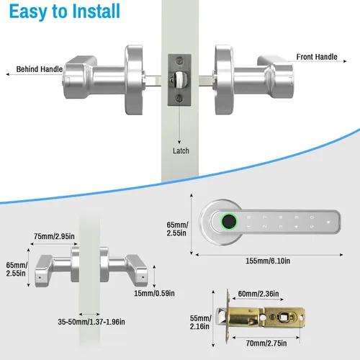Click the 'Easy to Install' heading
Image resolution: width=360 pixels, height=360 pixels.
coord(65,12)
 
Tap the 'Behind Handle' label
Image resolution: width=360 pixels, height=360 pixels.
coord(40,69)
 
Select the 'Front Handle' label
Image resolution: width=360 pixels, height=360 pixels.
coord(317,57)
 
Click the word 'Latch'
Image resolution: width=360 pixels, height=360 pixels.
coord(181,150)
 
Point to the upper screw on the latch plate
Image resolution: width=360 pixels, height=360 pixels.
coord(179,60)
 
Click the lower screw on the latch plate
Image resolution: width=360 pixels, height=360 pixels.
coord(179,98)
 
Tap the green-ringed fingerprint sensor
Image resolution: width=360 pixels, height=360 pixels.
coord(229,221)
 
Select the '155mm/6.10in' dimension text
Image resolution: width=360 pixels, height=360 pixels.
coord(268,261)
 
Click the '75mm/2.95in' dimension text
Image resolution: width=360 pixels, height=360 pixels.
coord(54,236)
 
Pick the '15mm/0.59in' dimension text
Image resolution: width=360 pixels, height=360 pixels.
coord(154,293)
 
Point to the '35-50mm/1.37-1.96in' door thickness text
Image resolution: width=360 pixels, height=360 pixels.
coord(91,322)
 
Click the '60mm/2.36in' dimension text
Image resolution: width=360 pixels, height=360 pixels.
coord(258,294)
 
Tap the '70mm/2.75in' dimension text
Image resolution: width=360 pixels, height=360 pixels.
coord(266,343)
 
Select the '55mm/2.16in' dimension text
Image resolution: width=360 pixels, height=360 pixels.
coord(201,323)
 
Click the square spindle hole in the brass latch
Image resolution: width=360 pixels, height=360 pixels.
coord(284,318)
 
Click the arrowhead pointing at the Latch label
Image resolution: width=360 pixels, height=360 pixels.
coord(179,143)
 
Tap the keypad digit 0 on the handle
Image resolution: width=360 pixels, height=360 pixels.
coord(312,217)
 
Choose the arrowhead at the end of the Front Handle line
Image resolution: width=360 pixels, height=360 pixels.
coord(345,61)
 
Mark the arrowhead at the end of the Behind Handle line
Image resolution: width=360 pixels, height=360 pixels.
coord(8,74)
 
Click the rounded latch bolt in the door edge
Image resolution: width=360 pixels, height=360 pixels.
coord(178,80)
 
